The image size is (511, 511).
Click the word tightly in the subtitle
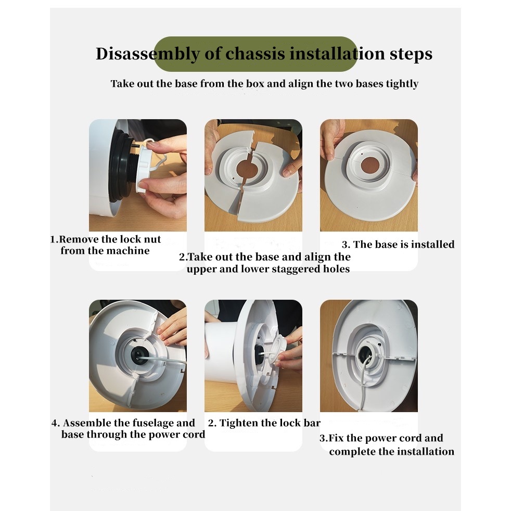pos(402,84)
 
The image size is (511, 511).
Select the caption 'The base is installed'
pos(403,245)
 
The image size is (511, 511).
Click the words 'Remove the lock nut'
pos(110,239)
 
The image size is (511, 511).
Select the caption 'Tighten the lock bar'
pos(270,423)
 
